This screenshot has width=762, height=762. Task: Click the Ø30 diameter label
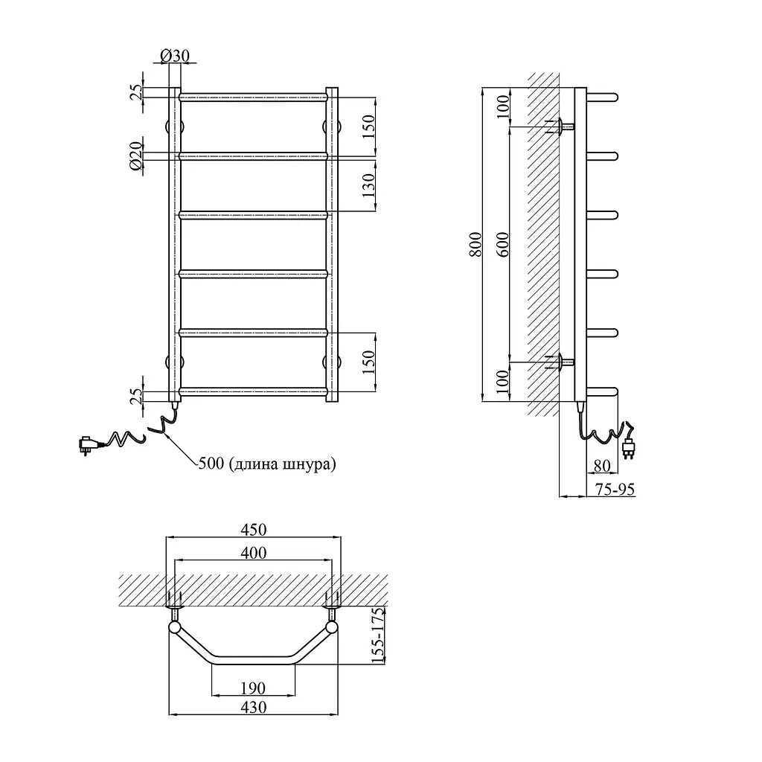tap(174, 55)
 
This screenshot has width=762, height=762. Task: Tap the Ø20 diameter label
tap(137, 156)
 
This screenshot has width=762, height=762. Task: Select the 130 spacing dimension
tap(369, 185)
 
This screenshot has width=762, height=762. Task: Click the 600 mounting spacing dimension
tap(504, 244)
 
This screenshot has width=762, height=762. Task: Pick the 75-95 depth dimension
tap(615, 489)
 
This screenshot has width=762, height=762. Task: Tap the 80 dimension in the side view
tap(602, 466)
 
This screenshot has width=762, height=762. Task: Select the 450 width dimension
tap(254, 529)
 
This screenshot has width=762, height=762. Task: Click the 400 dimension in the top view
tap(254, 553)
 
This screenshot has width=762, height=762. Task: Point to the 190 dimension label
tap(253, 688)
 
